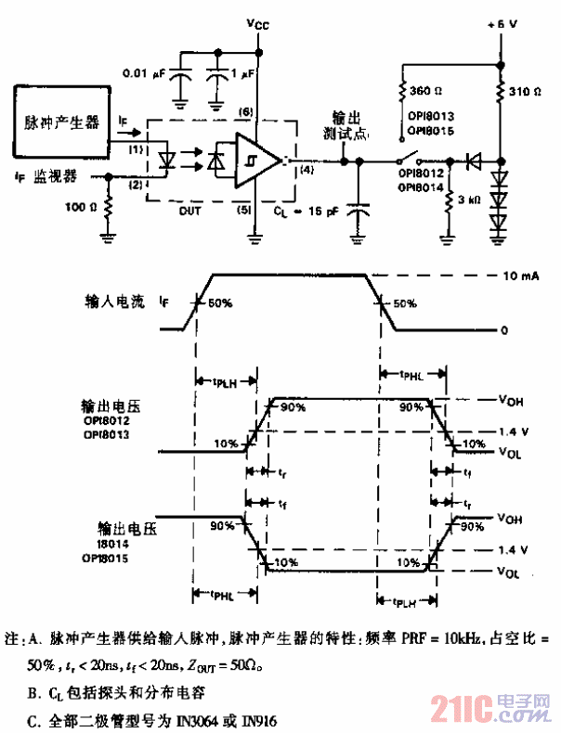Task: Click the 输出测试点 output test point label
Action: tap(351, 126)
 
